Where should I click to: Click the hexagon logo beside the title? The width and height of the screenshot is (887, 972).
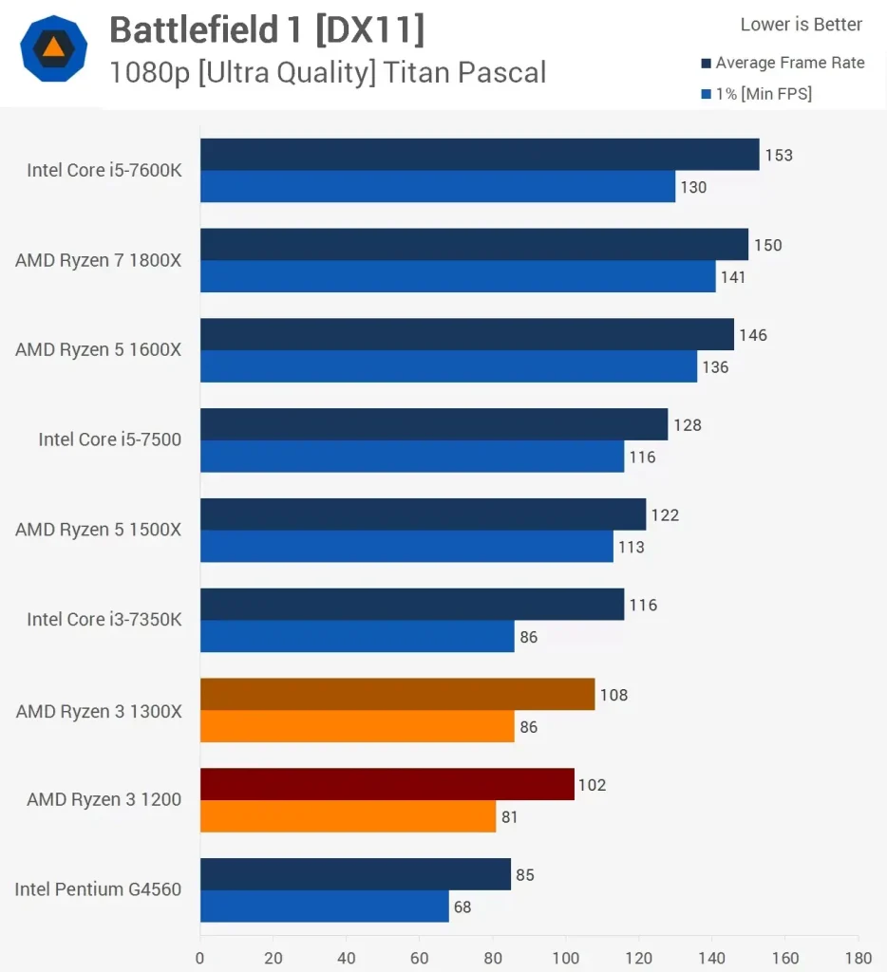[x=54, y=48]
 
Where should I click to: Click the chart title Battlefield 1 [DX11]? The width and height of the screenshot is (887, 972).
[x=267, y=30]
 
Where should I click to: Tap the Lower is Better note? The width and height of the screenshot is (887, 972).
[x=801, y=25]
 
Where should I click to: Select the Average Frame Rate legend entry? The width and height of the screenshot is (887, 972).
[x=789, y=63]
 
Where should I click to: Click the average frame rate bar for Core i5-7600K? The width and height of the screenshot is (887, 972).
[x=480, y=155]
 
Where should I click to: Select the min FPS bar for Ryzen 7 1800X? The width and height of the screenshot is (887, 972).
[x=458, y=276]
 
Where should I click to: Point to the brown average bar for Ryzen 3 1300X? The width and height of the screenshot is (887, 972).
[x=398, y=694]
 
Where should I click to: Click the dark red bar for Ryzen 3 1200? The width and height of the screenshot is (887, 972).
[x=387, y=784]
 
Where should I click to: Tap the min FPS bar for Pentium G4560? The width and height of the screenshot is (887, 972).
[x=325, y=907]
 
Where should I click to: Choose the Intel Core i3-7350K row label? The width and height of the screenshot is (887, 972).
[x=104, y=619]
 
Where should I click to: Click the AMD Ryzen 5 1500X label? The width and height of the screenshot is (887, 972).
[x=98, y=530]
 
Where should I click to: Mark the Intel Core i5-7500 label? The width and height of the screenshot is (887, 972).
[x=109, y=439]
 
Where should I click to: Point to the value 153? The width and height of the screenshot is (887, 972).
[x=779, y=155]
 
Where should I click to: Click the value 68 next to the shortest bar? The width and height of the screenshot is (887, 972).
[x=462, y=907]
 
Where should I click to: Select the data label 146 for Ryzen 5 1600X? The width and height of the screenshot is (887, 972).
[x=753, y=335]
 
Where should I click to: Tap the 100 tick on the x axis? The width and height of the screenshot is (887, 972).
[x=566, y=957]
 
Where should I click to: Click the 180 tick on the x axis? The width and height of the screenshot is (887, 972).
[x=858, y=957]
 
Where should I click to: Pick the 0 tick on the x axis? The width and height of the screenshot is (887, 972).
[x=200, y=957]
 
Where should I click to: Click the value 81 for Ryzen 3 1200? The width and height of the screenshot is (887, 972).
[x=510, y=816]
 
